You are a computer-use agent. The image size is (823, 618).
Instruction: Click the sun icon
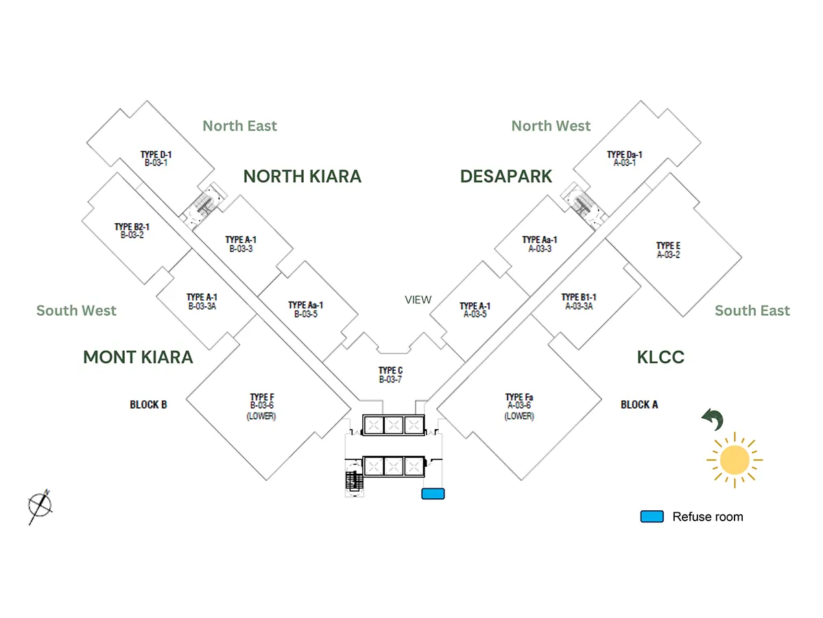tap(735, 459)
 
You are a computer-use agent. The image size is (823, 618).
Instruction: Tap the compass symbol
tap(40, 506)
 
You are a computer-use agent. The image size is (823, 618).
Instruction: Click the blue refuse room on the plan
tap(433, 493)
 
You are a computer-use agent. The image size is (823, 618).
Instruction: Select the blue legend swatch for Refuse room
tap(652, 516)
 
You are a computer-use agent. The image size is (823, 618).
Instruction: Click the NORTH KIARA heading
tap(302, 176)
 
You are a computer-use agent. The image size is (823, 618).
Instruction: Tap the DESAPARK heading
tap(505, 176)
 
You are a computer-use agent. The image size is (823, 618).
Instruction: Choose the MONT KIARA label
tap(138, 357)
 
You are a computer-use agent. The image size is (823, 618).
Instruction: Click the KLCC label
tap(660, 357)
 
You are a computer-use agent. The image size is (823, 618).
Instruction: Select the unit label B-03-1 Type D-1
tap(156, 159)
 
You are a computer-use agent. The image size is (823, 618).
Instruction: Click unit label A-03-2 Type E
tap(668, 250)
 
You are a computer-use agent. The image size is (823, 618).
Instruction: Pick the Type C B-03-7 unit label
tap(390, 375)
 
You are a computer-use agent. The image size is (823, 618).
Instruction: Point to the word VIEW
tap(418, 299)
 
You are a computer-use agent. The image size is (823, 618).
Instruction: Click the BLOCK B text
tap(148, 404)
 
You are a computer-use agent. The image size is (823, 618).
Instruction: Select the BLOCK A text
tap(639, 404)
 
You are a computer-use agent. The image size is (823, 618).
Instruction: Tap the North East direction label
tap(239, 126)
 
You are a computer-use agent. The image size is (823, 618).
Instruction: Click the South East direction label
tap(752, 310)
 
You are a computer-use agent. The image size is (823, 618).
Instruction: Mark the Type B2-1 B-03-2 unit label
tap(132, 231)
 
